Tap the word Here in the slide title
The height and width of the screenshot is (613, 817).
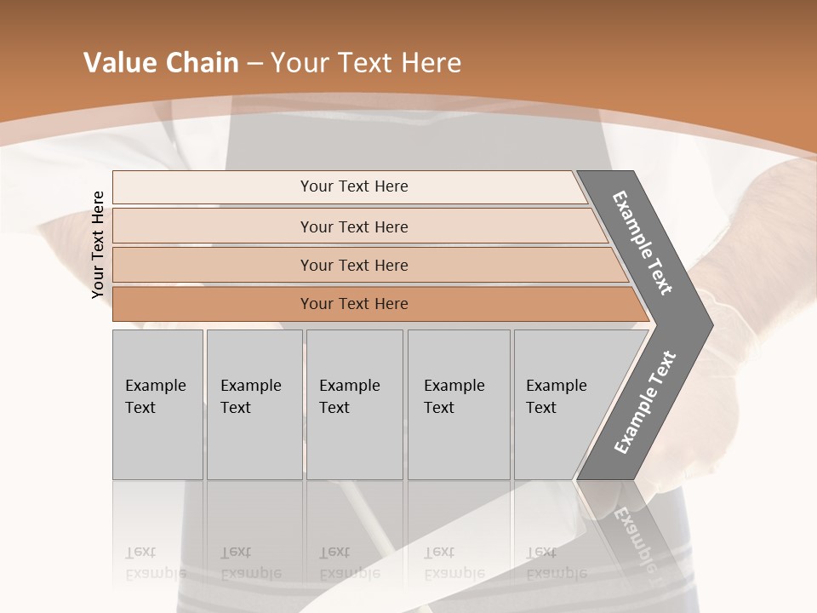point(431,63)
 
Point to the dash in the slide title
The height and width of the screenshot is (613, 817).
point(254,64)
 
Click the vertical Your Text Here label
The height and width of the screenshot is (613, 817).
point(98,244)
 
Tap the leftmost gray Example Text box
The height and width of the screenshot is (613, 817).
point(157,404)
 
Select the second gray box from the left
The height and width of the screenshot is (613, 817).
point(254,404)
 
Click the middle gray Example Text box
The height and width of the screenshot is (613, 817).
point(354,404)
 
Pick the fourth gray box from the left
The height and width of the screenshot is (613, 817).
point(459,404)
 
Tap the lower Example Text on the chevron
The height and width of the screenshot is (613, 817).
point(644,403)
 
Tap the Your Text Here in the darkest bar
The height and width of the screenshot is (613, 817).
point(354,304)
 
